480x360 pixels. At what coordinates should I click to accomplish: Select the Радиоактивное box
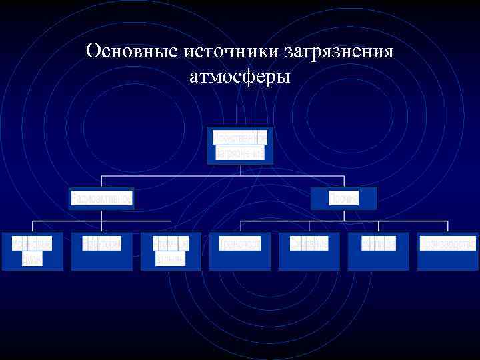pyautogui.click(x=102, y=199)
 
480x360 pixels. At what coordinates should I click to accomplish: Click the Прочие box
pyautogui.click(x=343, y=199)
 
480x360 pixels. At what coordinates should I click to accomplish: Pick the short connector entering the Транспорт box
pyautogui.click(x=240, y=226)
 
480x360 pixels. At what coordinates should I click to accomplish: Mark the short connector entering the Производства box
pyautogui.click(x=447, y=226)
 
